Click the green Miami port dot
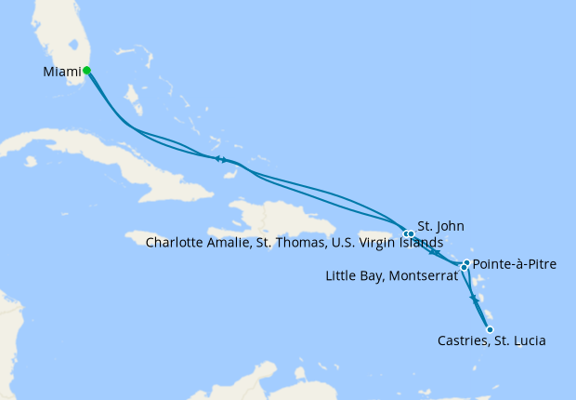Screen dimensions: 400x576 tap(86, 70)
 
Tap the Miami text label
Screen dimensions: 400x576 tap(60, 72)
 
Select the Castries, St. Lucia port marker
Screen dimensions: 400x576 tap(490, 328)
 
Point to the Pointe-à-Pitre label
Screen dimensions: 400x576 tap(515, 265)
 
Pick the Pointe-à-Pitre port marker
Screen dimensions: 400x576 tap(466, 263)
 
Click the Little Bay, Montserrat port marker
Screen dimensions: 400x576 tap(464, 268)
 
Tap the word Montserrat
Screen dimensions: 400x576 tap(425, 276)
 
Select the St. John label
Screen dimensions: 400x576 tap(440, 226)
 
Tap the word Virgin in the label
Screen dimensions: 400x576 tap(373, 244)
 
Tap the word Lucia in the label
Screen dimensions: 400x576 tap(527, 341)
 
